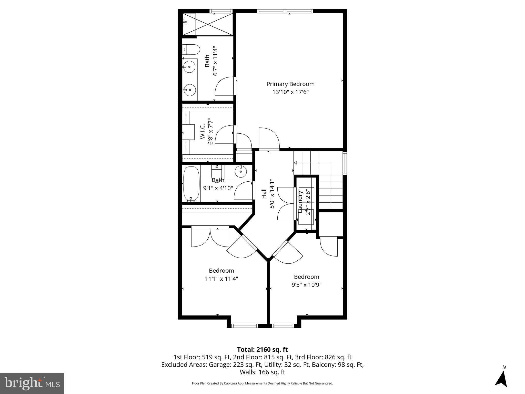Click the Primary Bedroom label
point(290,84)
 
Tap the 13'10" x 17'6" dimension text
point(290,92)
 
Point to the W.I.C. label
point(203,132)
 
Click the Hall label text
point(264,194)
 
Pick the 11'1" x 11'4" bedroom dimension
point(221,279)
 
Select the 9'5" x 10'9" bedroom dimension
point(307,285)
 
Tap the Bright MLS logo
point(32,383)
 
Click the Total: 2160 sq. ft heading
point(262,350)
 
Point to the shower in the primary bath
point(208,25)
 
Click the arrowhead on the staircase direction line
point(295,163)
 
